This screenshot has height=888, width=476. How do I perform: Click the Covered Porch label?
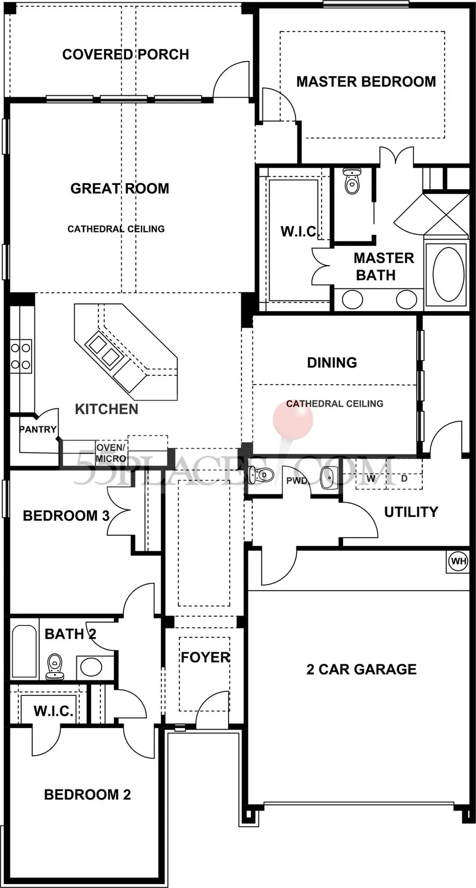(x=126, y=54)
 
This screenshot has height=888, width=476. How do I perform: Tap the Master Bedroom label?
(x=366, y=81)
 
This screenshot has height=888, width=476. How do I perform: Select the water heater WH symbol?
(x=458, y=561)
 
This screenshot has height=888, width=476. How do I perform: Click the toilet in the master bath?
(x=351, y=180)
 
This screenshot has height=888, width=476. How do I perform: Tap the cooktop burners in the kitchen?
(x=20, y=355)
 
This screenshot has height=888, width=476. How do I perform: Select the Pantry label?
(x=38, y=429)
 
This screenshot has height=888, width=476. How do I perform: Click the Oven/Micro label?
(x=111, y=453)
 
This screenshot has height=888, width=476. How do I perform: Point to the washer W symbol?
(x=371, y=478)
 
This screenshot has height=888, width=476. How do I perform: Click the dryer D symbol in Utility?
(x=404, y=478)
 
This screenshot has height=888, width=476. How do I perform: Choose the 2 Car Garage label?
(x=361, y=669)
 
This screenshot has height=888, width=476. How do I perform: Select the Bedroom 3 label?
(x=66, y=515)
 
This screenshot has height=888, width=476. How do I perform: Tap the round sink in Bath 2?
(x=91, y=667)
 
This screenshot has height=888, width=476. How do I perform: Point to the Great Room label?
(x=120, y=188)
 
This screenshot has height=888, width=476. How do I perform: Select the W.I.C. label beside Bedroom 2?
(x=54, y=711)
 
